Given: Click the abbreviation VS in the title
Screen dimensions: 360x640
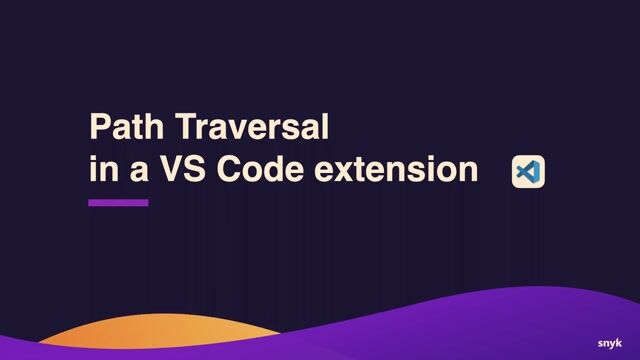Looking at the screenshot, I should pyautogui.click(x=180, y=170).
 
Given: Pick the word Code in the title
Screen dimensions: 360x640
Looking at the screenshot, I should pyautogui.click(x=262, y=170).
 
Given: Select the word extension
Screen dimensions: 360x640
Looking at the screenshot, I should pyautogui.click(x=397, y=170).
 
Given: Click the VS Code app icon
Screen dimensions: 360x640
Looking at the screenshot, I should pyautogui.click(x=527, y=172).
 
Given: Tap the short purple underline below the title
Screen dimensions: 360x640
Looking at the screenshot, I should pyautogui.click(x=118, y=203).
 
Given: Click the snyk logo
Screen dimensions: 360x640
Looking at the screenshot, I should pyautogui.click(x=610, y=343).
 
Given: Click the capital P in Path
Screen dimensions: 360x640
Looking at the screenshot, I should pyautogui.click(x=99, y=128).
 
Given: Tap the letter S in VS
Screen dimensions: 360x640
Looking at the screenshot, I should pyautogui.click(x=193, y=170).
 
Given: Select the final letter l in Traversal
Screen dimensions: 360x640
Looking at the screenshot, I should pyautogui.click(x=324, y=128).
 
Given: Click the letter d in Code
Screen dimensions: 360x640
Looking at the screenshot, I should pyautogui.click(x=276, y=170).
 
